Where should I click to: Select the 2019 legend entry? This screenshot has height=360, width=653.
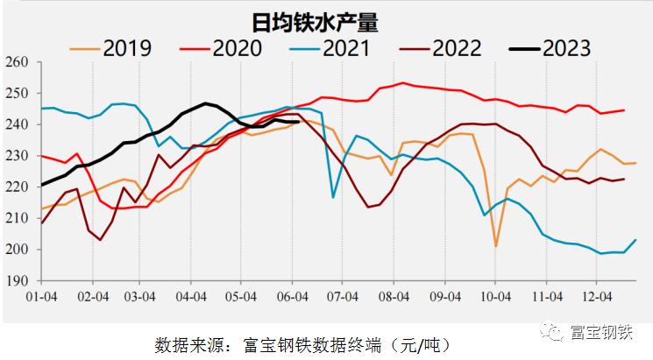coord(127,48)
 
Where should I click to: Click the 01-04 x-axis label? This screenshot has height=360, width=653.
coord(41,298)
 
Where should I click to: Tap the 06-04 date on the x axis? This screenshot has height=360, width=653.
coord(294,298)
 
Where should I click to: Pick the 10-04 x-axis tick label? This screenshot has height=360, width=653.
coord(495,298)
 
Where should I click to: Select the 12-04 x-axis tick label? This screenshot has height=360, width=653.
coord(596,298)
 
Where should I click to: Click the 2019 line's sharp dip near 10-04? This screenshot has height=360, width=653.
coord(495,246)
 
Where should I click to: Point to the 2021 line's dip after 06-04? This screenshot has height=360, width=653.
coord(334,197)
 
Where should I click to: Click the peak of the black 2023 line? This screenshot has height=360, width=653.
coord(205,103)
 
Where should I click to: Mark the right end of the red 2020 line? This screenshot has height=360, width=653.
coord(623,110)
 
